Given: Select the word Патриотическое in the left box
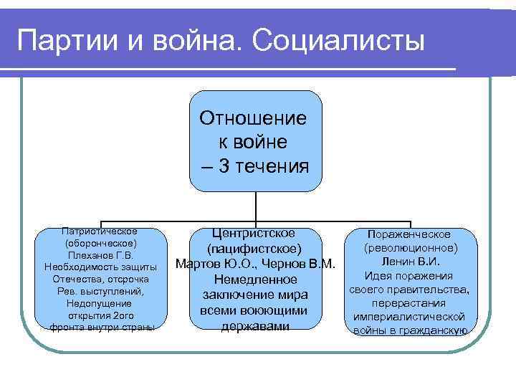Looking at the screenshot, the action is (x=100, y=231).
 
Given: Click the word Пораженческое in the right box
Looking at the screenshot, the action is (x=410, y=234).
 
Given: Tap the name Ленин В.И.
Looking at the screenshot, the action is (x=410, y=262).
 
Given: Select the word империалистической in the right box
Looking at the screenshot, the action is (x=409, y=316).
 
